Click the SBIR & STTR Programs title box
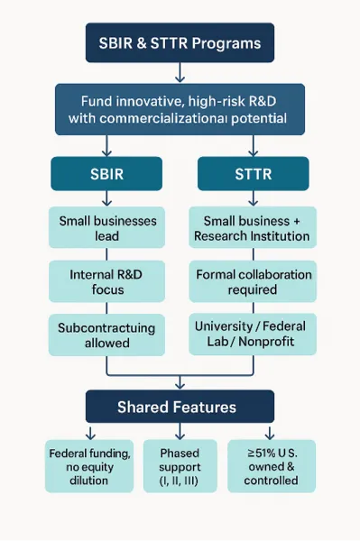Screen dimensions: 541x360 (180, 43)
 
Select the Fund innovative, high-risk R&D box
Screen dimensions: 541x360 (180, 109)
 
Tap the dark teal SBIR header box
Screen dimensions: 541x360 (106, 173)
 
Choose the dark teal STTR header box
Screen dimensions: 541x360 (253, 173)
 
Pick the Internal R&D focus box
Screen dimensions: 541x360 (107, 281)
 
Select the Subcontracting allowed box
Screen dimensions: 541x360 (107, 335)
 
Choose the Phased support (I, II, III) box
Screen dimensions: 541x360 (180, 465)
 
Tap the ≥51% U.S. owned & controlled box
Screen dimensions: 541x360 (271, 465)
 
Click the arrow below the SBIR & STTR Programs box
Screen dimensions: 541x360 (180, 72)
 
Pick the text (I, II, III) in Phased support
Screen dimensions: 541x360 (180, 481)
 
